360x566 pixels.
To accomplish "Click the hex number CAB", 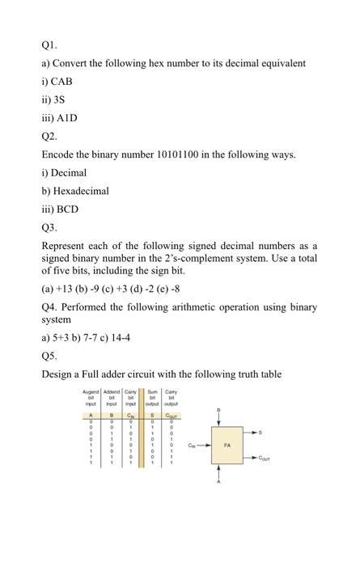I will pyautogui.click(x=63, y=81).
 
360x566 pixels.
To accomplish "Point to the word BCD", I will pyautogui.click(x=66, y=209).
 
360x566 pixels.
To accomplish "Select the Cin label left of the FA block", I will pyautogui.click(x=193, y=446).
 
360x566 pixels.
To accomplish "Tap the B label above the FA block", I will pyautogui.click(x=218, y=412).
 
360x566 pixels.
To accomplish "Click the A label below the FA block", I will pyautogui.click(x=218, y=482).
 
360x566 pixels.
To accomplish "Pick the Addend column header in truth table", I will pyautogui.click(x=113, y=397).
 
